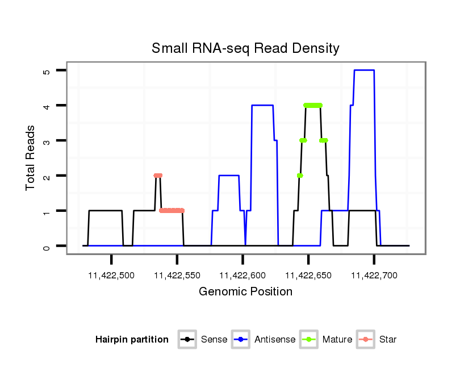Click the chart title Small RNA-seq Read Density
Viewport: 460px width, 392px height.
click(x=245, y=48)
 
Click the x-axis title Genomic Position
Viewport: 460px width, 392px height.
click(x=245, y=292)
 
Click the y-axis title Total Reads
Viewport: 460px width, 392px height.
click(x=31, y=158)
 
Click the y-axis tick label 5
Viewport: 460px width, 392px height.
click(x=47, y=70)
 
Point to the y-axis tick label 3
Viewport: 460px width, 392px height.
click(x=47, y=140)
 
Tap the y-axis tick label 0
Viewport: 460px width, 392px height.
click(x=47, y=246)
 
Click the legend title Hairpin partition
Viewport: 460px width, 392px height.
click(x=132, y=340)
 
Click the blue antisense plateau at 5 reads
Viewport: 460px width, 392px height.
click(x=364, y=70)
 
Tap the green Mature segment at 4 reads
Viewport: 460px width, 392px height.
click(x=313, y=105)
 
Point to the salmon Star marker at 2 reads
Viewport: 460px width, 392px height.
click(x=158, y=176)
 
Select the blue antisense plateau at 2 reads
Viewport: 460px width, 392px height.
click(x=228, y=176)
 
